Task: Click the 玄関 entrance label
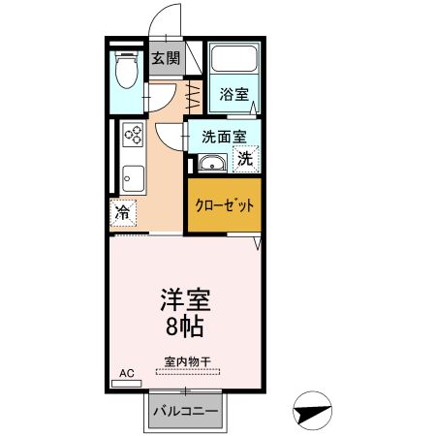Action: point(165,58)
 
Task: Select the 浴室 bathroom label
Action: point(234,95)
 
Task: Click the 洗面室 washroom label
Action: point(224,137)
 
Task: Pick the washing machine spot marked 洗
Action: point(246,158)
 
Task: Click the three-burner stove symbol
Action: point(133,137)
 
